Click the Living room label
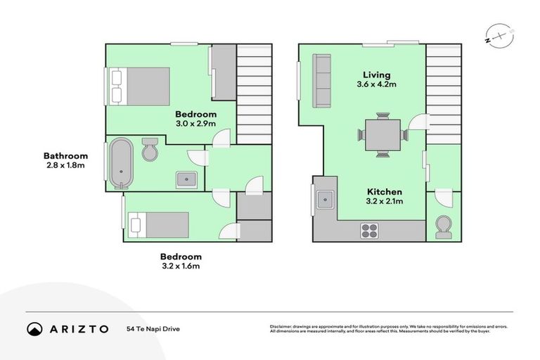pos(376,75)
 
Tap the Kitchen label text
pos(385,191)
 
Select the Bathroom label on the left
pos(65,155)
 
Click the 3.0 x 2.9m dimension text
pos(195,124)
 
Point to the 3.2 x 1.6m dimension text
pos(181,266)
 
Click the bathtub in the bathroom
pos(121,164)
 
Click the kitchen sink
pos(326,200)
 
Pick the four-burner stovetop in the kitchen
pos(370,230)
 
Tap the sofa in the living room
pos(323,82)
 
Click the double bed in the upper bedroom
pos(139,86)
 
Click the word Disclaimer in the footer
pos(283,326)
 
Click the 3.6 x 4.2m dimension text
pos(376,84)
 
